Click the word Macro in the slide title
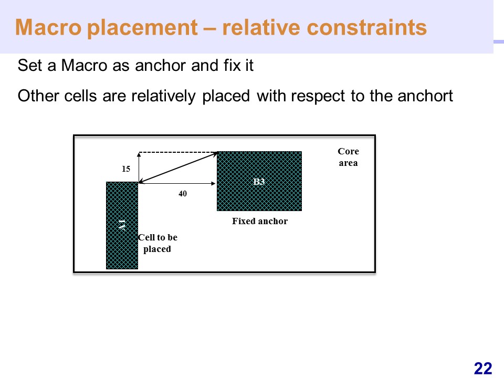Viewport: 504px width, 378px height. pyautogui.click(x=48, y=27)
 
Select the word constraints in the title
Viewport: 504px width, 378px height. pyautogui.click(x=367, y=27)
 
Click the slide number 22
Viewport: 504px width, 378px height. pyautogui.click(x=483, y=369)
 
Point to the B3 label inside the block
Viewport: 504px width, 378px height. pyautogui.click(x=259, y=182)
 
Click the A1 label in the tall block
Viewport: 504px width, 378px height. pyautogui.click(x=122, y=225)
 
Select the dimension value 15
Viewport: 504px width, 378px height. pyautogui.click(x=126, y=169)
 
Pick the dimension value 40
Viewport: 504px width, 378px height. pyautogui.click(x=183, y=194)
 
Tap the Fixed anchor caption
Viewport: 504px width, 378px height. pyautogui.click(x=260, y=221)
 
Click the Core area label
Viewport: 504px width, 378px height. pyautogui.click(x=349, y=157)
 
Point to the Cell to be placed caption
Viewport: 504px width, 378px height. pyautogui.click(x=157, y=243)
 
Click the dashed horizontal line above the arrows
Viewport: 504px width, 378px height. pyautogui.click(x=178, y=152)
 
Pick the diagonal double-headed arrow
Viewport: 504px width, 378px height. pyautogui.click(x=178, y=168)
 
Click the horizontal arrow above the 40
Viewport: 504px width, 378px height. pyautogui.click(x=177, y=184)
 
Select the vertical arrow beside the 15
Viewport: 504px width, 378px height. pyautogui.click(x=139, y=167)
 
